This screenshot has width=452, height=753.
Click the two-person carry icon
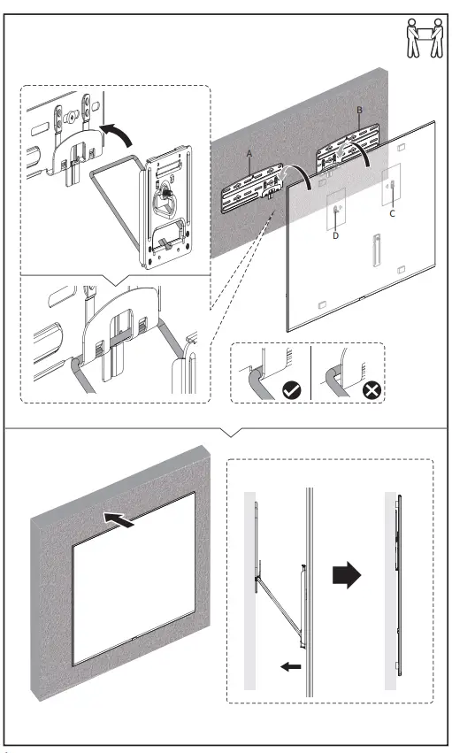tap(425, 38)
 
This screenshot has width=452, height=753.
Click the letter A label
tap(249, 154)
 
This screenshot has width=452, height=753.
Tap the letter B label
tap(359, 111)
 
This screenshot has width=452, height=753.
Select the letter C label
tap(392, 214)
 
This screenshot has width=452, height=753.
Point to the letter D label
tap(335, 235)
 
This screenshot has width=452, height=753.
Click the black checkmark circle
tap(292, 390)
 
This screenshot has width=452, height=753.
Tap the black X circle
tap(372, 390)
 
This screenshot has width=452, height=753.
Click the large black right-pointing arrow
tap(347, 575)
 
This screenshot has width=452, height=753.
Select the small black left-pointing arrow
tap(291, 666)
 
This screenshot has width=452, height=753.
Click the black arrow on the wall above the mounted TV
tap(119, 520)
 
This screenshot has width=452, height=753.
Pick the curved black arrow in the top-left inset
tap(117, 133)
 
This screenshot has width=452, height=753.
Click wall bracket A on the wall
tap(251, 188)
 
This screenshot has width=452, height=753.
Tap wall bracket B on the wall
tap(348, 147)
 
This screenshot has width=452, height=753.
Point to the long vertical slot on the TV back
tap(377, 250)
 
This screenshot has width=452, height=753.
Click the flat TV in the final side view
tap(399, 586)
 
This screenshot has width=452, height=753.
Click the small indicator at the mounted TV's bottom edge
tap(133, 639)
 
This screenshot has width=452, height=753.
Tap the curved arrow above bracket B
tap(356, 148)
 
